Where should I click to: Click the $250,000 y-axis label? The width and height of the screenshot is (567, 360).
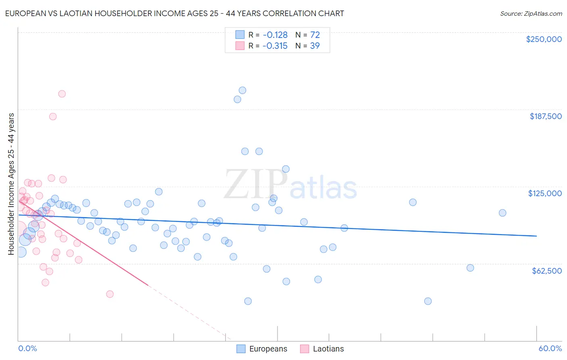[544, 39]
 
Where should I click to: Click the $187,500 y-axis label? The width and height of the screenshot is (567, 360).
[545, 116]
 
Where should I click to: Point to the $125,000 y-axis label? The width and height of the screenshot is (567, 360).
[545, 193]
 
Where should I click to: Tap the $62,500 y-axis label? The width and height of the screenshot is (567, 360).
[546, 271]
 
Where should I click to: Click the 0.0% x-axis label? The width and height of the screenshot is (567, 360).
[27, 349]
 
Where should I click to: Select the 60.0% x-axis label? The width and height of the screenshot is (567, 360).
[550, 349]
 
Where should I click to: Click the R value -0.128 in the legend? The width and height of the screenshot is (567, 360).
[275, 35]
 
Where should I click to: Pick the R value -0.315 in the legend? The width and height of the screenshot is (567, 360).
[275, 46]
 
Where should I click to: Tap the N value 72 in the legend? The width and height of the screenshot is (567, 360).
[315, 35]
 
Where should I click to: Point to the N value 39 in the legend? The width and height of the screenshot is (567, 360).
[315, 46]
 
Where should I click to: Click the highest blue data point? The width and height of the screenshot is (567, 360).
[242, 90]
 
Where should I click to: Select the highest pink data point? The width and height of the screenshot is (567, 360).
[62, 94]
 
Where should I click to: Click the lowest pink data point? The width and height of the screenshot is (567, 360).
[110, 294]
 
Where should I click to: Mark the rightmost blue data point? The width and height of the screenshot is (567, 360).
[502, 213]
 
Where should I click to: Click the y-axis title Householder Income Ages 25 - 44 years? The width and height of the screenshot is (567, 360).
[11, 184]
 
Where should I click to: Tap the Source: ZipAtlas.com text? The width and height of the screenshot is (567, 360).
[531, 14]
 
